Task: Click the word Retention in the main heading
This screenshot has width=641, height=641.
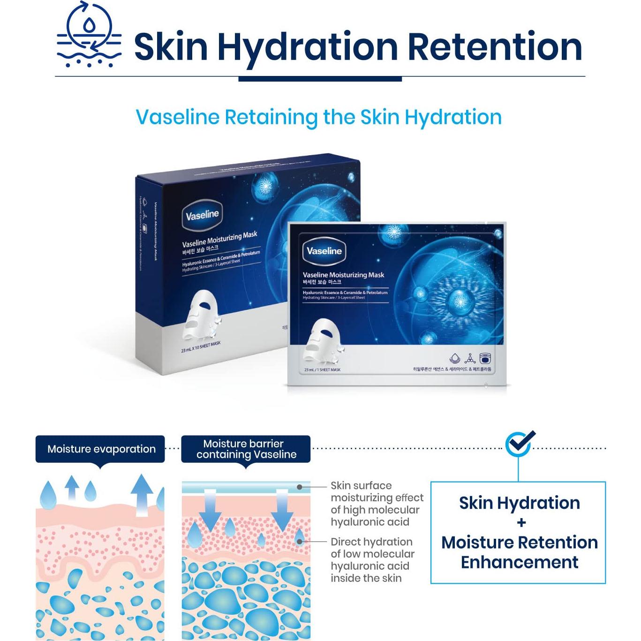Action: (x=495, y=47)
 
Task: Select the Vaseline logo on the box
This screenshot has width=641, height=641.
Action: (x=202, y=215)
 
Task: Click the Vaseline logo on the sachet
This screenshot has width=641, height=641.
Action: (x=324, y=251)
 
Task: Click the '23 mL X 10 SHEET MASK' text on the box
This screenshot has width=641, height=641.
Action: (x=200, y=347)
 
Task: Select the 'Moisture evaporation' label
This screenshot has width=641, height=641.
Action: (x=101, y=449)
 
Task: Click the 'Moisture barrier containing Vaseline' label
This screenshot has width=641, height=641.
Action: (x=246, y=449)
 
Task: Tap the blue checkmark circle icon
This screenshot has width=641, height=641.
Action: (x=520, y=443)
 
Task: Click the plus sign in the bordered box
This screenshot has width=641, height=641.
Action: (x=521, y=522)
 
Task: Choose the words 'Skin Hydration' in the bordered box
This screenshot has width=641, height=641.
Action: (x=519, y=503)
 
